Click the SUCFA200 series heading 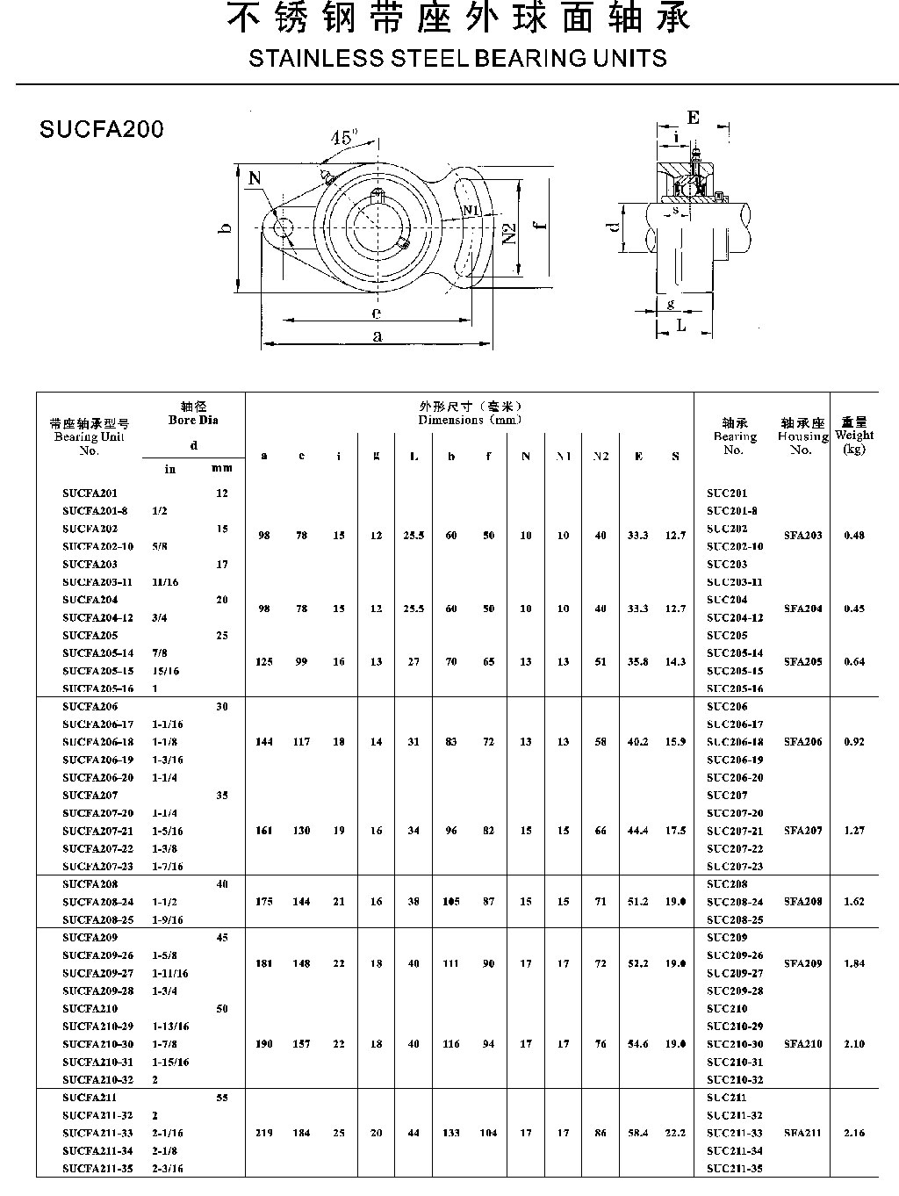102,129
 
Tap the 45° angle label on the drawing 343,138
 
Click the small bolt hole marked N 283,228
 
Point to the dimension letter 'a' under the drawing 378,335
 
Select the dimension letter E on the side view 694,118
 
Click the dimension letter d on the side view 615,226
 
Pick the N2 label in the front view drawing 510,234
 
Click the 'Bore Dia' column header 193,420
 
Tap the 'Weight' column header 853,435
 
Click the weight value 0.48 853,536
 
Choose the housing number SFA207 802,830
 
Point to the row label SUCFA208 90,884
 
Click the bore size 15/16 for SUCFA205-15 165,671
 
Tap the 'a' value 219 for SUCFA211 264,1133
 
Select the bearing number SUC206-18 734,742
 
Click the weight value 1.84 853,963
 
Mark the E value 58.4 637,1133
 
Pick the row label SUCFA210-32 97,1079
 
